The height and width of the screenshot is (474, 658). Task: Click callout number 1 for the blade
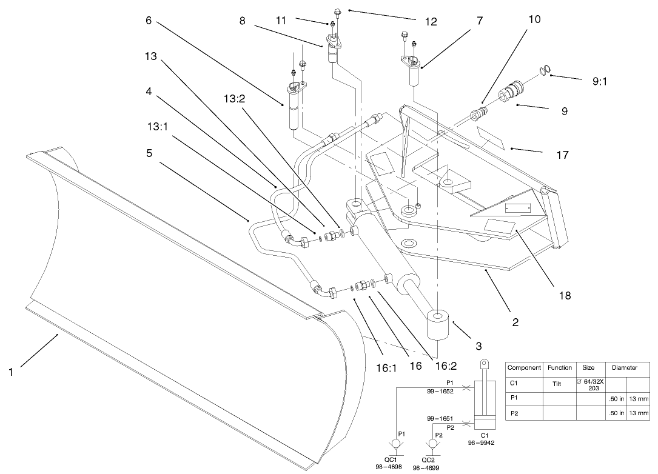(10, 372)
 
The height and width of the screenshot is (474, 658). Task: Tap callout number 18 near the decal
(565, 296)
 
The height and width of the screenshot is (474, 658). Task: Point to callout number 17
(562, 155)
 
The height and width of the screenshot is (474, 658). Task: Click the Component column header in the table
(523, 367)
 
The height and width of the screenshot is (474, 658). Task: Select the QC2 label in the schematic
(431, 461)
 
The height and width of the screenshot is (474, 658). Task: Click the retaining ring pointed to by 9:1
(545, 71)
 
